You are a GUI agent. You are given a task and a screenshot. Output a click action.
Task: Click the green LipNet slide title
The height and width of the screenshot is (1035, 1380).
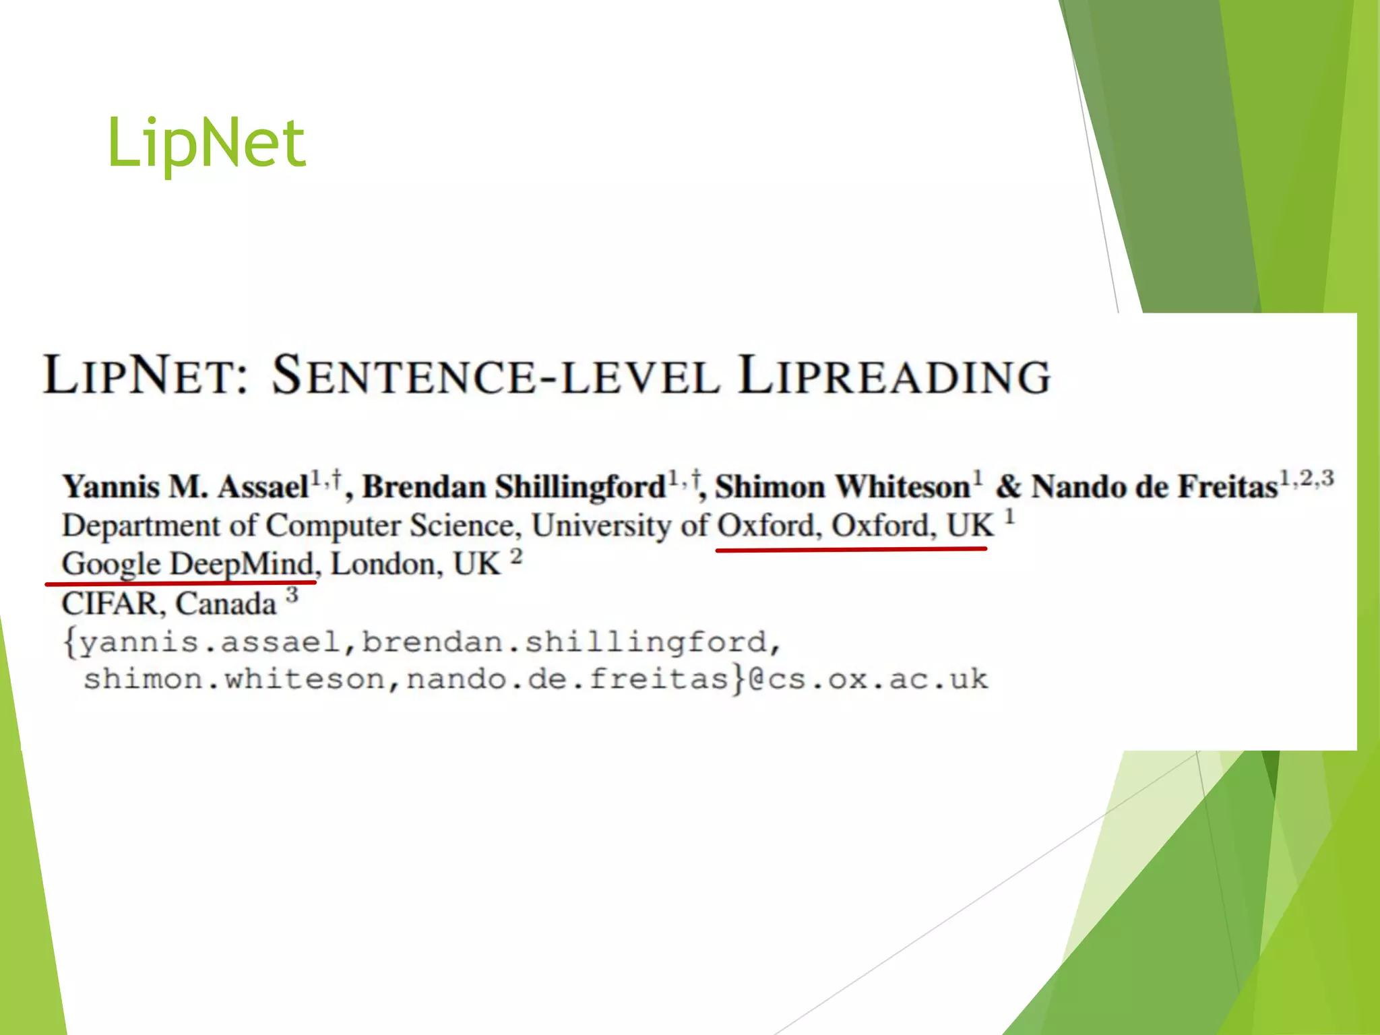point(206,143)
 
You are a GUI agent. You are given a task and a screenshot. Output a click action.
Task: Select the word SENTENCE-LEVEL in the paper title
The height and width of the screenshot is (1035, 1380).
point(495,376)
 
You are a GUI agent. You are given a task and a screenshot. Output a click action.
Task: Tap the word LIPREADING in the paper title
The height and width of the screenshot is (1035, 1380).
point(894,376)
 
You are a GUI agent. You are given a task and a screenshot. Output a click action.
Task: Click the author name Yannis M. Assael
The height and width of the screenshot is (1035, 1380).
point(185,487)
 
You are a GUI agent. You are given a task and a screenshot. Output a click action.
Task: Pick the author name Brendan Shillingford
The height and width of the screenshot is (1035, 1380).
point(514,487)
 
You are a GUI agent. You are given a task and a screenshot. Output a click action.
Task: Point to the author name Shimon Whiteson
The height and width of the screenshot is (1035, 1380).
point(842,487)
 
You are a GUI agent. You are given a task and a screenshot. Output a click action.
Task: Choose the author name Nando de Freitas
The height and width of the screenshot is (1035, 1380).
point(1154,487)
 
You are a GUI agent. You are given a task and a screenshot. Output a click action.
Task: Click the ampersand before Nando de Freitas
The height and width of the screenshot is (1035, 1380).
point(1009,487)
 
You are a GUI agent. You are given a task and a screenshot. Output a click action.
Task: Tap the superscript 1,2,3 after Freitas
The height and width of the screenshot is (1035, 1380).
point(1307,478)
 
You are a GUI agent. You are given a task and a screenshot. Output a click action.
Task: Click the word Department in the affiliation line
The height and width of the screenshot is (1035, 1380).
point(141,526)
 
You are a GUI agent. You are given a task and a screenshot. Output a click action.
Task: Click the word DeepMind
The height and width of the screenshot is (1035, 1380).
point(242,564)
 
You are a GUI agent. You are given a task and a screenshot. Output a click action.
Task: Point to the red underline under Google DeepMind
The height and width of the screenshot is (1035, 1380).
point(180,582)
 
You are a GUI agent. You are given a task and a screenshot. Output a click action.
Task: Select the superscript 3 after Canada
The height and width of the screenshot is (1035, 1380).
point(292,595)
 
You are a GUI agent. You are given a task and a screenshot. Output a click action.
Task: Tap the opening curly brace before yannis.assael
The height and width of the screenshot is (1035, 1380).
point(69,641)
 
